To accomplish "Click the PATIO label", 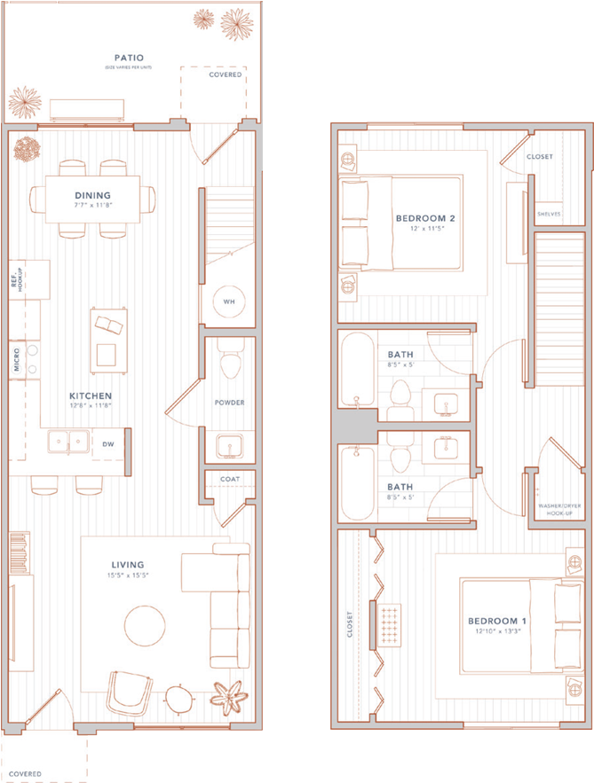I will click(129, 58).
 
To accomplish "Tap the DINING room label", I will click(92, 195).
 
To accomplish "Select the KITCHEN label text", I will click(91, 395).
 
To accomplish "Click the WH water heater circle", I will click(228, 301).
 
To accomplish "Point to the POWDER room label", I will click(229, 402).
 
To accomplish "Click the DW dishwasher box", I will click(107, 444).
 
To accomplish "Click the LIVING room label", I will click(128, 564).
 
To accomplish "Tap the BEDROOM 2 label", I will click(424, 218).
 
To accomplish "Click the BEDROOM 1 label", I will click(497, 621).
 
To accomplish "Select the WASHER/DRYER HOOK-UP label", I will click(560, 510).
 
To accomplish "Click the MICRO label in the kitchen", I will click(17, 359).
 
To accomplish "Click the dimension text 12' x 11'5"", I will click(425, 229).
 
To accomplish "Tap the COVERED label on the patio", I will click(225, 75).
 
